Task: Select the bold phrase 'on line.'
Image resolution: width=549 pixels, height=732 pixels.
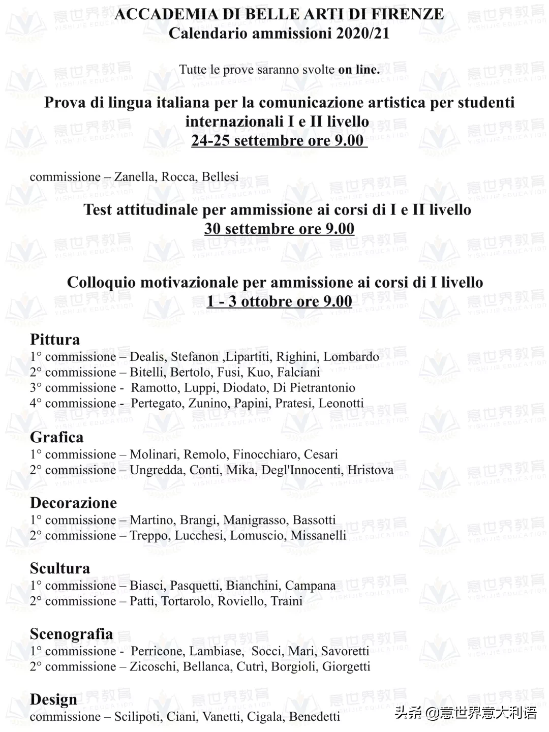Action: coord(359,70)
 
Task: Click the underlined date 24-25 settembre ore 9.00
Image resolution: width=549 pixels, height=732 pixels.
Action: coord(278,140)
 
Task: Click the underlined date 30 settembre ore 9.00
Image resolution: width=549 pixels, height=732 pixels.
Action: coord(279,229)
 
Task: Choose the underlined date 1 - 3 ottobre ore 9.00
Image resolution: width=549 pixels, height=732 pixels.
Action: coord(279,301)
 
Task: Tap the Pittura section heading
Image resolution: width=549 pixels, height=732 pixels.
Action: coord(55,340)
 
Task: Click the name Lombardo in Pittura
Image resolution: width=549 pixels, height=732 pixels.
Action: coord(351,357)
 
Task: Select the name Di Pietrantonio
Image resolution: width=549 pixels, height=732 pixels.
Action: coord(314,388)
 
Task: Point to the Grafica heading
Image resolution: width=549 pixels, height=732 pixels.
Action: coord(56,437)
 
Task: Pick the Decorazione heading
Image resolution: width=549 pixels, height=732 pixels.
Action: coord(73,503)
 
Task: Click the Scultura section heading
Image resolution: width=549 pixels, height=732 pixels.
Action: coord(60,568)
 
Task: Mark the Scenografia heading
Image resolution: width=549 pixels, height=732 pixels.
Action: coord(71,634)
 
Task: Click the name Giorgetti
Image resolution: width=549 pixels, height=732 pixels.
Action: coord(346,667)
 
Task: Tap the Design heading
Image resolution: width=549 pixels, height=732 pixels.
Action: coord(53,699)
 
